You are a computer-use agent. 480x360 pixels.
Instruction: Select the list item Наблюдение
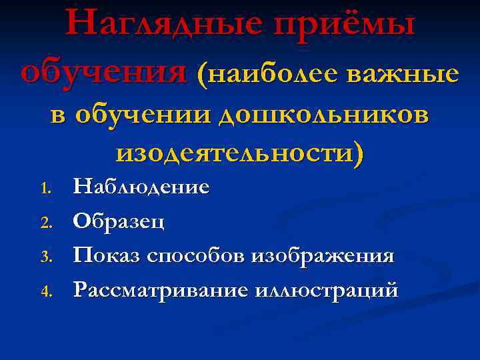pos(141,187)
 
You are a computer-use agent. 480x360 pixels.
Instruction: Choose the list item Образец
pos(118,221)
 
